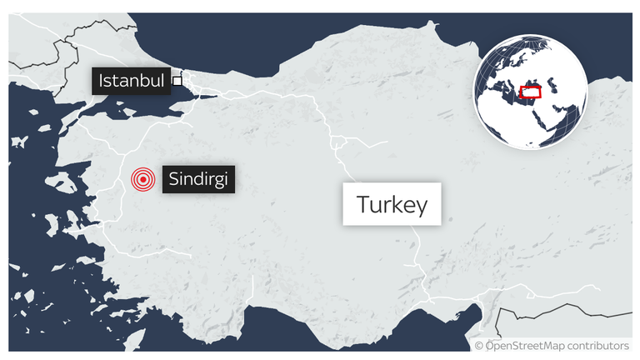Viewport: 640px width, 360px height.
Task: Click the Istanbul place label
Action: [x=131, y=81]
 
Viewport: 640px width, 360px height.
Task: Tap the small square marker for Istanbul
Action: [x=177, y=81]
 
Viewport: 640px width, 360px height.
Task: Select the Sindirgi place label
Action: [x=197, y=178]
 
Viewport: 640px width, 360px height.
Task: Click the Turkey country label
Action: [x=391, y=204]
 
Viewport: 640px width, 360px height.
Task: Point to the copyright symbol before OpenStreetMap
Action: [x=479, y=346]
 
